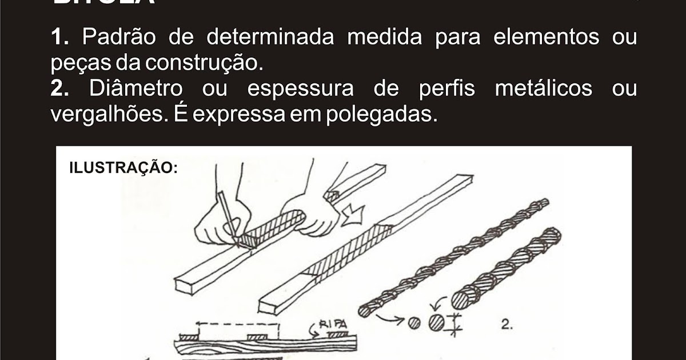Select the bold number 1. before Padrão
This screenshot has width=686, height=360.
(60, 38)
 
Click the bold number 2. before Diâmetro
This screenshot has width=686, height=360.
(60, 90)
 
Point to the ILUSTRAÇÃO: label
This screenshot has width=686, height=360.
(123, 168)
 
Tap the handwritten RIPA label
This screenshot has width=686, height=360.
(333, 324)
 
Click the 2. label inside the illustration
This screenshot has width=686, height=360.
(506, 325)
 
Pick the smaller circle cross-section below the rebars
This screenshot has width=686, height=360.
(415, 322)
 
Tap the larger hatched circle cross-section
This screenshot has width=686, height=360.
(437, 321)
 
